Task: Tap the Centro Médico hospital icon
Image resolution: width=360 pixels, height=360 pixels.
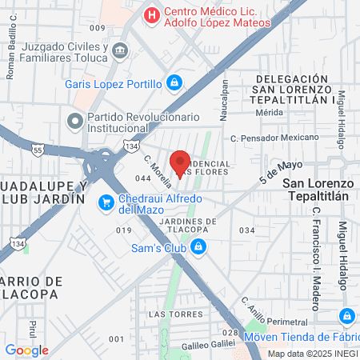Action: pos(150,14)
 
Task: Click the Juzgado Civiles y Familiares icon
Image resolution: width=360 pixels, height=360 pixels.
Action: pos(119,51)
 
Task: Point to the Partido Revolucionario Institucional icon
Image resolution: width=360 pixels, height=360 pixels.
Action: pos(76,122)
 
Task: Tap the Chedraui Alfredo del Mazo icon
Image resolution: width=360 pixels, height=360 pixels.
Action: pos(105,202)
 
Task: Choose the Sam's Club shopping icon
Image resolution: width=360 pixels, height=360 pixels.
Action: pos(198,248)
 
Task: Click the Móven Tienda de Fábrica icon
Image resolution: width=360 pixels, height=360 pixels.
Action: pos(347,315)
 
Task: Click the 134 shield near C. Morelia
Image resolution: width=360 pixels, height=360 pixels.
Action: pos(108,146)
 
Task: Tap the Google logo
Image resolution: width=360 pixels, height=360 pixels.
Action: pos(26,350)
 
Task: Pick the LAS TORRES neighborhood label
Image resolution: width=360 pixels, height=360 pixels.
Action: pos(166,314)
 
